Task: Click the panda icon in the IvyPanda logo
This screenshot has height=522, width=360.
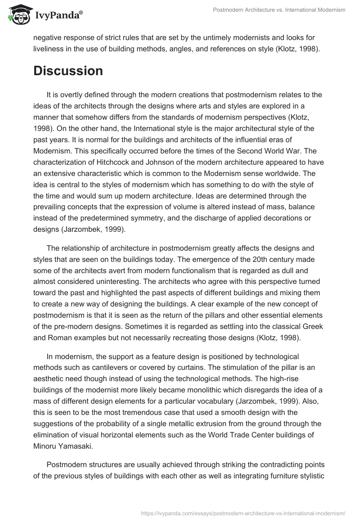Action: pos(17,15)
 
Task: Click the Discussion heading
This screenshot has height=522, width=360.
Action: pos(68,71)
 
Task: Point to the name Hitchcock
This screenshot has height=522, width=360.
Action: pos(102,160)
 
